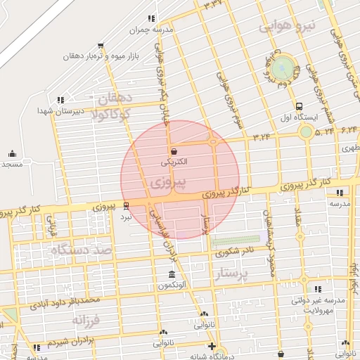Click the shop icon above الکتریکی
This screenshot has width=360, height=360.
pyautogui.click(x=174, y=150)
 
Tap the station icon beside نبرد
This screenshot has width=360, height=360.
pyautogui.click(x=126, y=205)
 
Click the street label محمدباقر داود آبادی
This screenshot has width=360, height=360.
pyautogui.click(x=62, y=302)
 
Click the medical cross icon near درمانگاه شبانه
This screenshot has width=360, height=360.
pyautogui.click(x=212, y=346)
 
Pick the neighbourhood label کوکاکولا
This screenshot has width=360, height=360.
pyautogui.click(x=106, y=115)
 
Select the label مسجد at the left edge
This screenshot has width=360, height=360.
pyautogui.click(x=11, y=164)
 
